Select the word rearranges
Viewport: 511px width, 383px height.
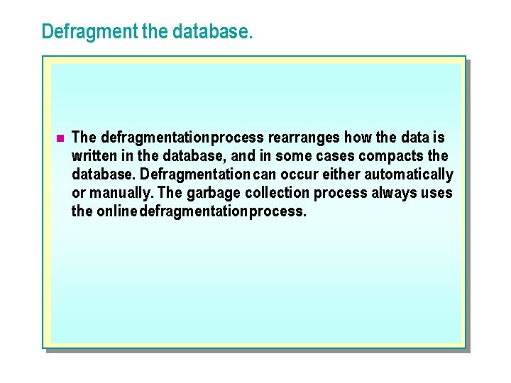[x=304, y=137]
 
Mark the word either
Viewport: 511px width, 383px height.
[x=341, y=174]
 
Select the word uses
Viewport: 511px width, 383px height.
[x=437, y=192]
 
